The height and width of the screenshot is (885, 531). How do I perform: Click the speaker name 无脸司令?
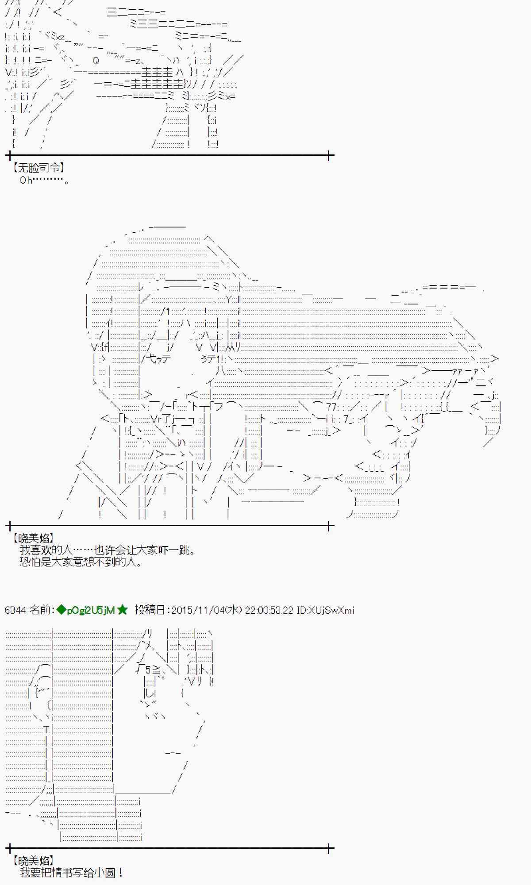[x=38, y=168]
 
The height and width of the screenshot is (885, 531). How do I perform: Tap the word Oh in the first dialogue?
[x=26, y=180]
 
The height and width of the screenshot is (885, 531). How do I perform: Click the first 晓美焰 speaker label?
[x=32, y=538]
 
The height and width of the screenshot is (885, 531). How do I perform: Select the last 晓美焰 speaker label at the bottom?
[x=32, y=861]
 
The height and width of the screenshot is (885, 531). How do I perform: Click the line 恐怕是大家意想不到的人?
[x=81, y=562]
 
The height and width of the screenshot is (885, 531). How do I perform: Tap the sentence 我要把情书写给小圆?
[x=71, y=873]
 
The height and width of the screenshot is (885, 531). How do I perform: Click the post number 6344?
[x=15, y=610]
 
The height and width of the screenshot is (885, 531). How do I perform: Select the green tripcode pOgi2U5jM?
[x=91, y=611]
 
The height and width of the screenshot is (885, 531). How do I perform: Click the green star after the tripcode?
[x=123, y=610]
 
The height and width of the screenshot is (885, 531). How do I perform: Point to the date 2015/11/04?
[x=197, y=610]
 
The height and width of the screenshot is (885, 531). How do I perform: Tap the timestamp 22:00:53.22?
[x=269, y=610]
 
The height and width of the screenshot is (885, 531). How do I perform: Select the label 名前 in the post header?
[x=40, y=610]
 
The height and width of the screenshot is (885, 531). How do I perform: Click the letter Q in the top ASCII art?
[x=96, y=60]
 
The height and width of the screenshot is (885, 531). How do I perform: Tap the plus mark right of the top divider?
[x=329, y=155]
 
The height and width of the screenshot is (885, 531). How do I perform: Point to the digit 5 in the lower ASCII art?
[x=148, y=670]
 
